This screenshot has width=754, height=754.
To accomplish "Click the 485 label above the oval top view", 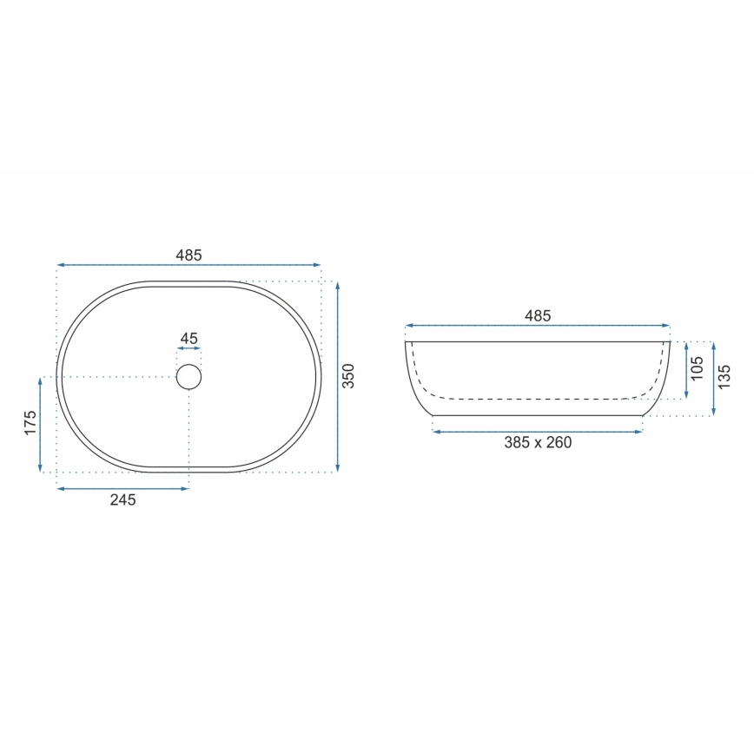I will tap(188, 255).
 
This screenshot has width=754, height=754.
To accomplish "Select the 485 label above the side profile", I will tap(538, 316).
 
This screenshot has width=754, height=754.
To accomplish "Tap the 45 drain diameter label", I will tap(188, 339).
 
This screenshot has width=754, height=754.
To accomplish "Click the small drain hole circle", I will tap(188, 377).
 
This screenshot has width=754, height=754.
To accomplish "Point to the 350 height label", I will tap(348, 376).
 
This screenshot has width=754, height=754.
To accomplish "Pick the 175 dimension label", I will tap(30, 423).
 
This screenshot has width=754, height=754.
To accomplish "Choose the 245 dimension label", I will tap(122, 500).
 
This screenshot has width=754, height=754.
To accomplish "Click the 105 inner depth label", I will tap(697, 369).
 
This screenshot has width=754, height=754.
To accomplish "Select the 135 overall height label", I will tap(724, 377).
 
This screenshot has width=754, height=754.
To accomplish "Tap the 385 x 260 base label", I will tap(538, 443).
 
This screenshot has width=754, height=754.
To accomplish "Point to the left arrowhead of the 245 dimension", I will tap(61, 489).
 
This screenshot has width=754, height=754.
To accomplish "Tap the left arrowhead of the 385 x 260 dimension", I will tap(436, 431).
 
